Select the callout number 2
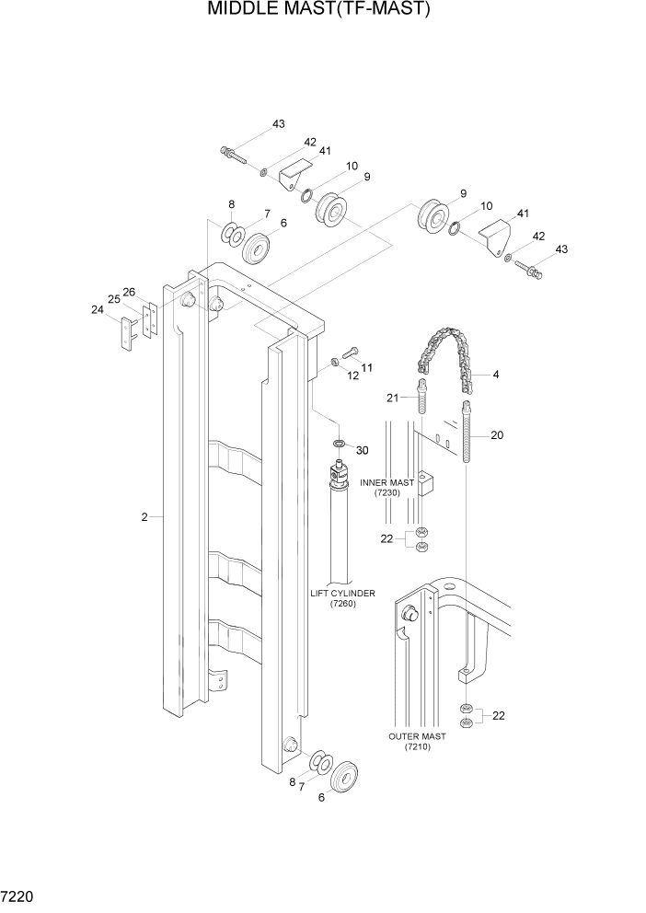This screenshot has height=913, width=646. [x=144, y=518]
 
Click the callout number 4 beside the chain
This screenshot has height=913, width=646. [x=496, y=375]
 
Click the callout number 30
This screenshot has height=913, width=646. [x=362, y=450]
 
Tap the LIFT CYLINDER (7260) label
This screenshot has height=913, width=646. [x=342, y=599]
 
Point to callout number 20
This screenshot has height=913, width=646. [x=497, y=435]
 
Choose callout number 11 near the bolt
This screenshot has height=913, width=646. [x=366, y=367]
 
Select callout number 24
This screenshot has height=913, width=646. [x=98, y=310]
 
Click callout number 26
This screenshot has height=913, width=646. [x=129, y=292]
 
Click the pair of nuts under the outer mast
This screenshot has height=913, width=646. [x=467, y=715]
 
